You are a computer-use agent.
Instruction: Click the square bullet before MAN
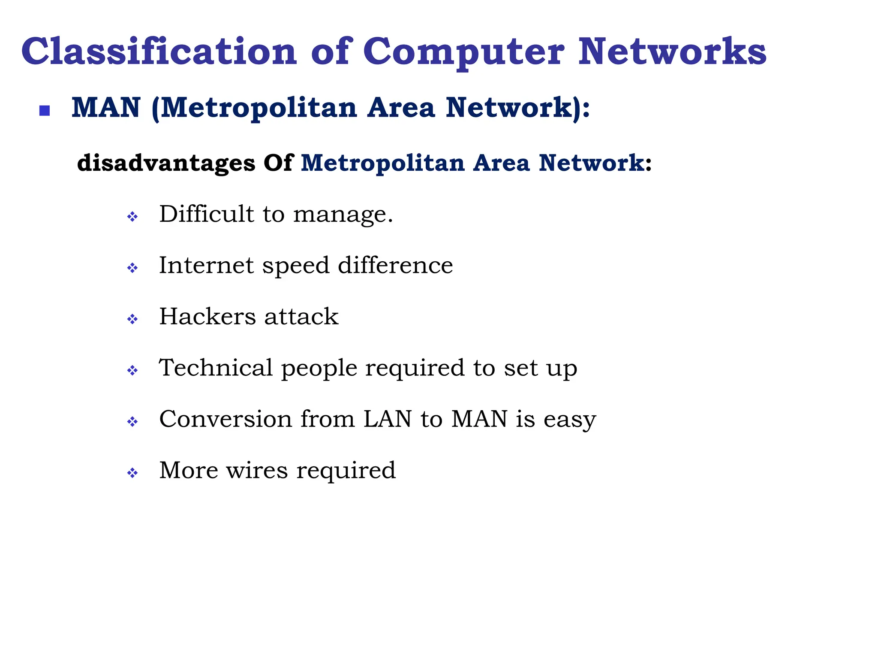click(45, 111)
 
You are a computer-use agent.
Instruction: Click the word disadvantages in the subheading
click(166, 163)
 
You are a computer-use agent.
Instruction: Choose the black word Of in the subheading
click(278, 163)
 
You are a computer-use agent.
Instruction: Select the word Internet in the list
click(206, 265)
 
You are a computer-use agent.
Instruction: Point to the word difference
click(395, 265)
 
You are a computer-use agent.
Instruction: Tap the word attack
click(301, 317)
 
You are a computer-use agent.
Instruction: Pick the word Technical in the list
click(216, 368)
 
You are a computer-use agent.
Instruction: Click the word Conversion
click(226, 419)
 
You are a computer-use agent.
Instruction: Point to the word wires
click(257, 470)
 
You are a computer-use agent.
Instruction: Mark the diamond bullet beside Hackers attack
click(132, 319)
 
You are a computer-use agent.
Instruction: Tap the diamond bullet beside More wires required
click(132, 473)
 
